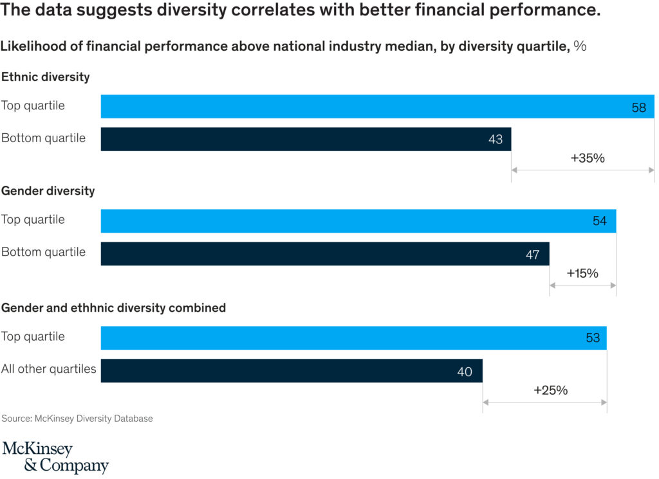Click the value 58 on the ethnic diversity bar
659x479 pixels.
638,107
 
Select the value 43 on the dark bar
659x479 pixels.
495,139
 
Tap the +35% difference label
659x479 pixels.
588,158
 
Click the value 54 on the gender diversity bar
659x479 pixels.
600,221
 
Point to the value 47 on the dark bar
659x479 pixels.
532,254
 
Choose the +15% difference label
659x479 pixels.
582,273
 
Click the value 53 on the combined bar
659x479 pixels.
593,338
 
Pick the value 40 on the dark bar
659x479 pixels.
465,371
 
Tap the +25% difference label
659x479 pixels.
550,390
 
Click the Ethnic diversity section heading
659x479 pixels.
46,77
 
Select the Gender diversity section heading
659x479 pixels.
48,191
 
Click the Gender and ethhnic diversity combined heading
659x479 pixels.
113,308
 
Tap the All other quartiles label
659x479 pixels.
49,369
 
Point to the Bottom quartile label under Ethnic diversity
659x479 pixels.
43,138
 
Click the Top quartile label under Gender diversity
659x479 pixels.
33,219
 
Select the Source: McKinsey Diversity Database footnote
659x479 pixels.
77,419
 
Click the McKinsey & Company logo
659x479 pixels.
55,457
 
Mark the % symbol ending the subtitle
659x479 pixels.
580,46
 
